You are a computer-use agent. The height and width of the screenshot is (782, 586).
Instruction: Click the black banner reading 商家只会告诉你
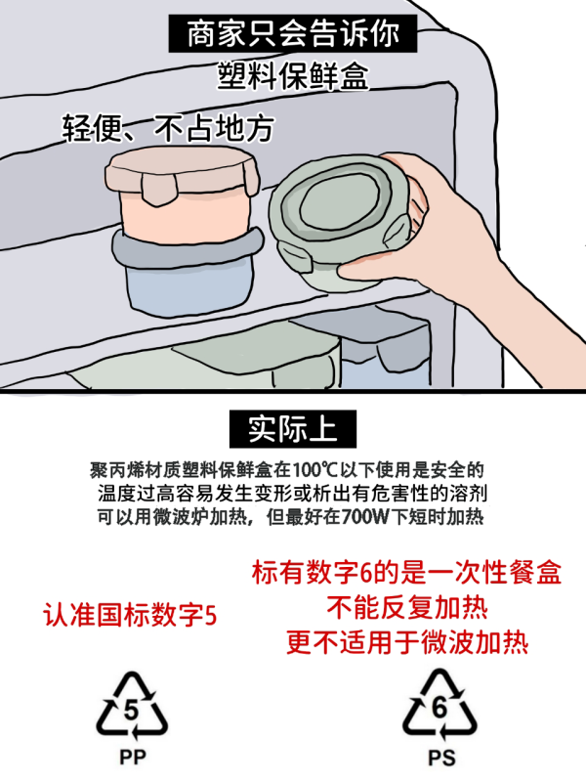point(293,35)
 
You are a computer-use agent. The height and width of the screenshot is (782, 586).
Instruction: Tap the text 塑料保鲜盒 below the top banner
point(293,77)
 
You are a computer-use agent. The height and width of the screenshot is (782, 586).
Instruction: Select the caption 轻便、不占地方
point(167,127)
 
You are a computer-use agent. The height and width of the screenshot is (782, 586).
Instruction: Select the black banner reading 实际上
point(292,428)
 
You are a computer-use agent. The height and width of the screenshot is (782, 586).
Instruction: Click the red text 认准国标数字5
point(130,616)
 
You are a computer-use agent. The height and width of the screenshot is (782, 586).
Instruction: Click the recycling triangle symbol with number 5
point(131,706)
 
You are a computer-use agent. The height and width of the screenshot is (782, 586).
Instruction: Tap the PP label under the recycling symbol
point(131,757)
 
